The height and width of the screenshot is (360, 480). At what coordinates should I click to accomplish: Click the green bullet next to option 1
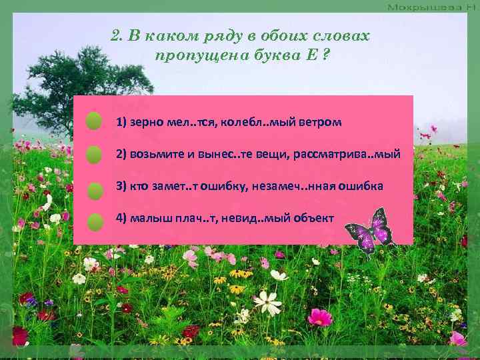click(94, 121)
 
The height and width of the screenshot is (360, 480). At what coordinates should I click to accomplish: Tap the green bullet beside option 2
click(94, 155)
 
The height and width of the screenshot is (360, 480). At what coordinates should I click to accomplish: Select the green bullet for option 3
click(95, 189)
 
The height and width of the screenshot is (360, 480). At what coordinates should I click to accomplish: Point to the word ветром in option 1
click(323, 123)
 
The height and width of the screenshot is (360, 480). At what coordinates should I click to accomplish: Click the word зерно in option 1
click(145, 123)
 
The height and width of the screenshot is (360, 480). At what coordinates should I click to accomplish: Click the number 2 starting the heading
click(115, 36)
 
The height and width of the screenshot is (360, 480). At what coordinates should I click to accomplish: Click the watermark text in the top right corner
click(429, 6)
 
